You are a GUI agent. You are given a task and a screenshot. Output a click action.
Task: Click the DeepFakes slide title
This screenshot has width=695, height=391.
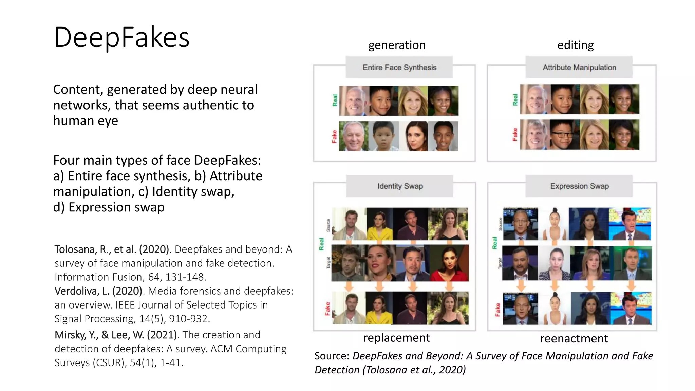121,37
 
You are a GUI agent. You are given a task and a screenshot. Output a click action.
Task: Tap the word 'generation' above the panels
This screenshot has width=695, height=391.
397,45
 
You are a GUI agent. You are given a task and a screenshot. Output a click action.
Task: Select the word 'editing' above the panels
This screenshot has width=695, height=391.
575,45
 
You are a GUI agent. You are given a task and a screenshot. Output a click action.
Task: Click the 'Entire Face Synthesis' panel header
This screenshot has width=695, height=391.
399,67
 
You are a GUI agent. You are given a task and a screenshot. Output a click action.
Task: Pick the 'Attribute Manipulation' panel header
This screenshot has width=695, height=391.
579,67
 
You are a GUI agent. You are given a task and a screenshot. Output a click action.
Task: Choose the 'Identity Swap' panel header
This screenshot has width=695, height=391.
400,186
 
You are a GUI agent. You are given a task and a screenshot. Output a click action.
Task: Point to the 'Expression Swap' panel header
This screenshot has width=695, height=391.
579,186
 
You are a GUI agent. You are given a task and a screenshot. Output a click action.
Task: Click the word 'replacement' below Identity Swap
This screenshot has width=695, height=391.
396,338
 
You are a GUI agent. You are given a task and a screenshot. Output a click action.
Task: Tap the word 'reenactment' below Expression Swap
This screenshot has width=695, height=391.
574,338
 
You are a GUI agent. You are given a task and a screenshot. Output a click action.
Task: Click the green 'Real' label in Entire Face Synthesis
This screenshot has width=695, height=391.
335,100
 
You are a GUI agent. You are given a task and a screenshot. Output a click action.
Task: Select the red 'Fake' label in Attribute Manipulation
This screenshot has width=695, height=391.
515,134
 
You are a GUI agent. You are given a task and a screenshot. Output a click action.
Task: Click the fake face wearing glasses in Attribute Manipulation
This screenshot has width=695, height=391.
564,135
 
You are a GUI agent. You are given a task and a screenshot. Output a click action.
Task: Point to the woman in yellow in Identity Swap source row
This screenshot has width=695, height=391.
380,224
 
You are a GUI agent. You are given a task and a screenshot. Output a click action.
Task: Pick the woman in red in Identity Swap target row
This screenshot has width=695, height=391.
449,263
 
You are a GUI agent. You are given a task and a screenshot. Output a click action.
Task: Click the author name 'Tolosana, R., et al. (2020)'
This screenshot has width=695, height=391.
112,249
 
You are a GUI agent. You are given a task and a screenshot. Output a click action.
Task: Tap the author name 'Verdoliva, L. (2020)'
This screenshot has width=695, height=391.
98,291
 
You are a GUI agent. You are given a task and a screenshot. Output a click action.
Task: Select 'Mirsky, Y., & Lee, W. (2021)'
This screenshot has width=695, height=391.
116,335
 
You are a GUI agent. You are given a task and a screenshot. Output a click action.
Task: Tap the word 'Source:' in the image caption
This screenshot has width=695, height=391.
332,356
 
